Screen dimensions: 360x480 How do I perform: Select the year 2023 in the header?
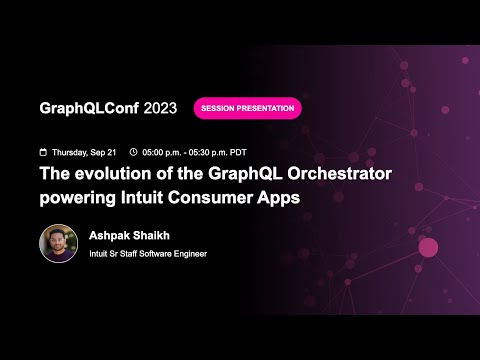161,108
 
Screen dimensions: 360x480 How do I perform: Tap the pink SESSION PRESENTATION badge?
247,108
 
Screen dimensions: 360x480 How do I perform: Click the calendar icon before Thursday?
42,152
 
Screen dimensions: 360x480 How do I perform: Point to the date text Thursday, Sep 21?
84,152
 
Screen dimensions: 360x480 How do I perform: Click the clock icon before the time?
134,152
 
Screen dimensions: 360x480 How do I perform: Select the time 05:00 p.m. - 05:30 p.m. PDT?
195,152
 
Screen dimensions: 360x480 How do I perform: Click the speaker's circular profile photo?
58,243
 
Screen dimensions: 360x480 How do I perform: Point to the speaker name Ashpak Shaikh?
131,236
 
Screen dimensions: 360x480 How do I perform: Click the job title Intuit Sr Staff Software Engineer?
148,254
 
